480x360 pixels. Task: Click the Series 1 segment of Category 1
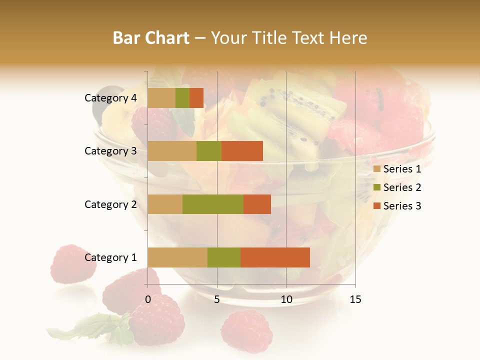point(177,257)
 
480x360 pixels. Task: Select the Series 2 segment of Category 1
point(224,257)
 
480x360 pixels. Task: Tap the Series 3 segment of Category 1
point(275,257)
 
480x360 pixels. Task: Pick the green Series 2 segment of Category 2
point(213,204)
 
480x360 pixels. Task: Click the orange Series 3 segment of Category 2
point(257,204)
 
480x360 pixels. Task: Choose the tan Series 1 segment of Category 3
point(172,151)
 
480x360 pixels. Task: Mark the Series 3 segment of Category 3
point(242,151)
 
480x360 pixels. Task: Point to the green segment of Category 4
point(182,98)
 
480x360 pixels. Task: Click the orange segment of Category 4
point(196,98)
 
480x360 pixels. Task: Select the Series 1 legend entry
point(397,169)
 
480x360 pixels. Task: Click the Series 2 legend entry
point(397,187)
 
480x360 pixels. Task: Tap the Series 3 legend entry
point(397,206)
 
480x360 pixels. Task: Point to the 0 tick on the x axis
point(148,299)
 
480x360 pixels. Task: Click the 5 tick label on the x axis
point(217,299)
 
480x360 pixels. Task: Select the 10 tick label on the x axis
point(286,299)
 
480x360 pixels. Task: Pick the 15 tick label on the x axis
point(355,299)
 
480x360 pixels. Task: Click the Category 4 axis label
point(110,98)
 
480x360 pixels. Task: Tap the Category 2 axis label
point(110,204)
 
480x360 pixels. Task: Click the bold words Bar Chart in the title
point(151,38)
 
